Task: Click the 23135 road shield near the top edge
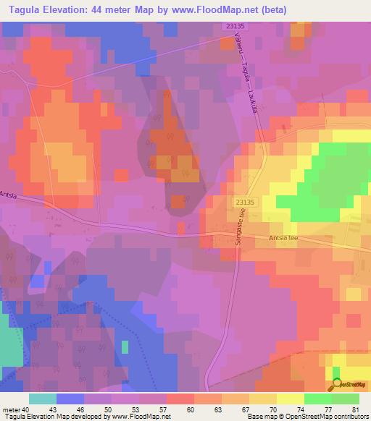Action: click(233, 26)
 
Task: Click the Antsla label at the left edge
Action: click(8, 195)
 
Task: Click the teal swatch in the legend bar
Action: click(42, 399)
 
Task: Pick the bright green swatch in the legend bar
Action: click(317, 399)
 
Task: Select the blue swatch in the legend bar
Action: click(70, 399)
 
